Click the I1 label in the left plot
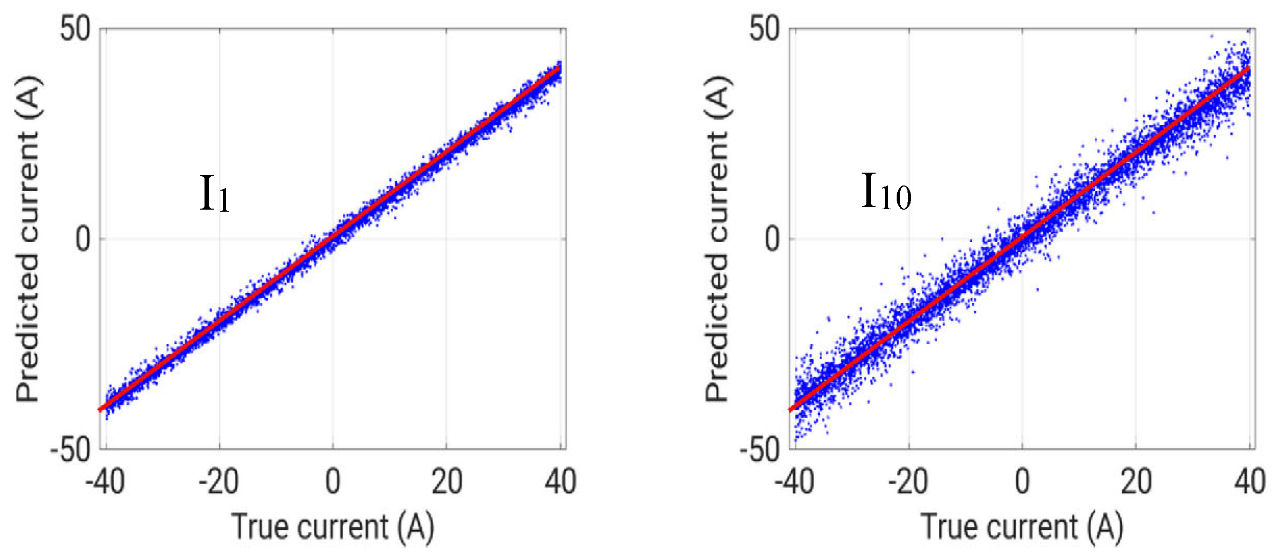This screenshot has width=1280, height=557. [214, 194]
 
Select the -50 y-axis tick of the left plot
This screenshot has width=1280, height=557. [70, 451]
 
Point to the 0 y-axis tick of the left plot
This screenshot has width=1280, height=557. [83, 239]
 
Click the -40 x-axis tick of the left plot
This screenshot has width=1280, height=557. [105, 482]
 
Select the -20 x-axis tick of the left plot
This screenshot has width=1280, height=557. [218, 482]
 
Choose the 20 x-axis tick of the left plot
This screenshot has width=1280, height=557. [447, 482]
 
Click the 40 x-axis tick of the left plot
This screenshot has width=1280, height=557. [561, 482]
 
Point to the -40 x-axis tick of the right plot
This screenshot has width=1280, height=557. [794, 482]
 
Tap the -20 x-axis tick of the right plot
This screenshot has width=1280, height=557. [908, 482]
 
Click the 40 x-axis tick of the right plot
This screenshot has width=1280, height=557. [1250, 482]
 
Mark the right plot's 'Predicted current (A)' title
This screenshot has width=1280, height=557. [717, 239]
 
